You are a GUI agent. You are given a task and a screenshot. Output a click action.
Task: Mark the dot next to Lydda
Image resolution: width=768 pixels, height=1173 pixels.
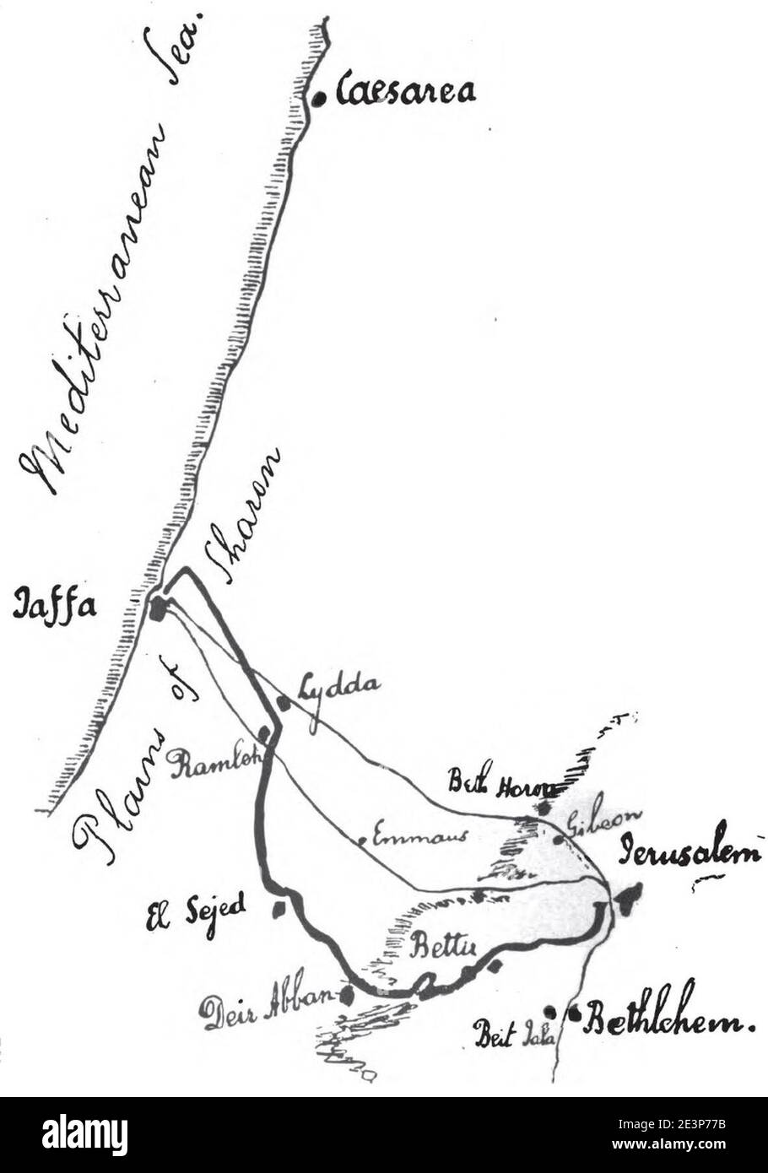284,702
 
